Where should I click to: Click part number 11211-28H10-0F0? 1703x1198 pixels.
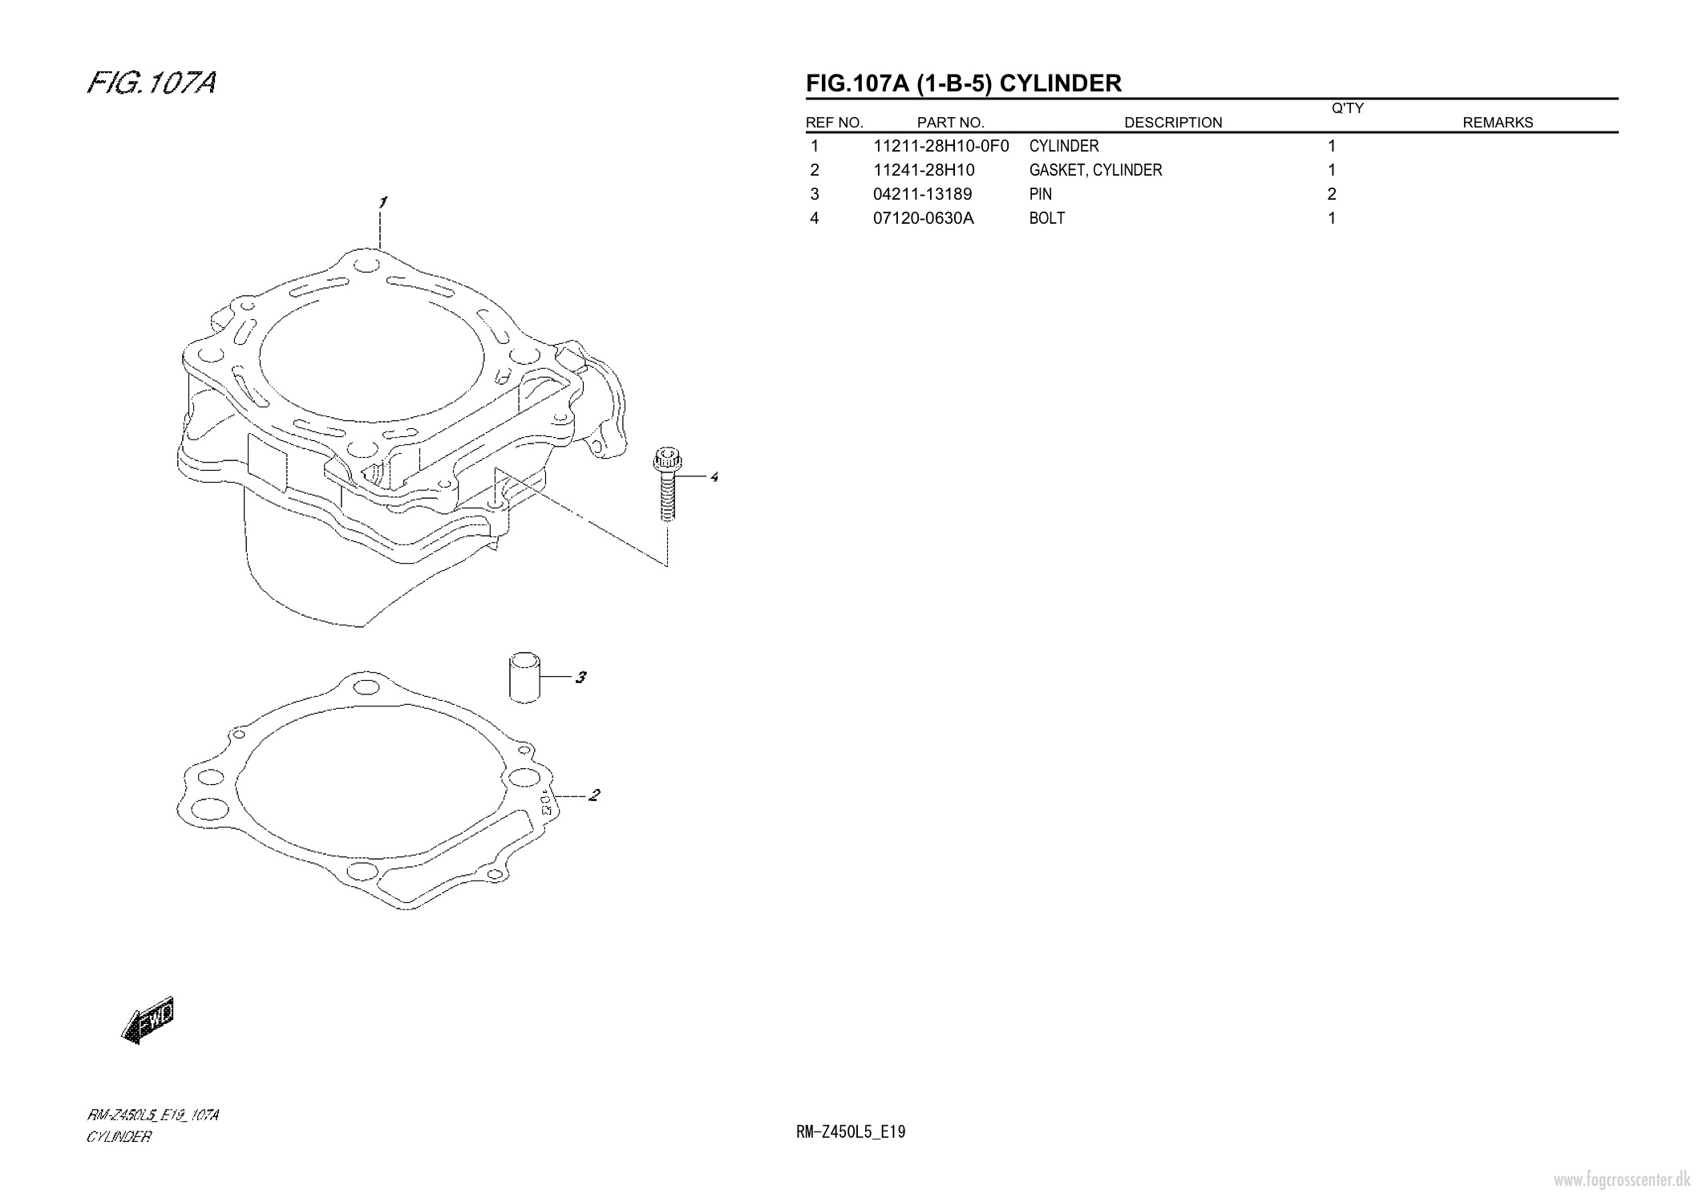coord(940,146)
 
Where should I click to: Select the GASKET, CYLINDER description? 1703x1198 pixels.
coord(1095,170)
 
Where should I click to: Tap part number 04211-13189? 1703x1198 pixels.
coord(922,194)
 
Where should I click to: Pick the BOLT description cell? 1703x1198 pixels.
coord(1047,218)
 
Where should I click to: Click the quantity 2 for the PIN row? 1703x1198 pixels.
coord(1332,194)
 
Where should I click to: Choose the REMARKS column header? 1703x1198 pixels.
coord(1498,123)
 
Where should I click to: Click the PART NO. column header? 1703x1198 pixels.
coord(950,123)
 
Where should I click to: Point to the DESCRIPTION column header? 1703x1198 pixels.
coord(1173,123)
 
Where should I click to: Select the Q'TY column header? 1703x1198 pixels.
coord(1347,108)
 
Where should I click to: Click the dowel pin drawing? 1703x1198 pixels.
coord(524,678)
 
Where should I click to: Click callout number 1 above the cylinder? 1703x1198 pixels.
coord(383,202)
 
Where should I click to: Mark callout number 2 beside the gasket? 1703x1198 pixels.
coord(594,795)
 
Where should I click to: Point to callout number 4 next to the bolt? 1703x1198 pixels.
coord(714,477)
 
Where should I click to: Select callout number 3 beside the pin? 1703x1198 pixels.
coord(580,678)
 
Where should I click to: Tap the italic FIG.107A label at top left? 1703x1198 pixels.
coord(152,83)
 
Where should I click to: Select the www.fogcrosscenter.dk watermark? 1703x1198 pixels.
coord(1622,1179)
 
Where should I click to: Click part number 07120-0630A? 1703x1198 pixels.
coord(923,218)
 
